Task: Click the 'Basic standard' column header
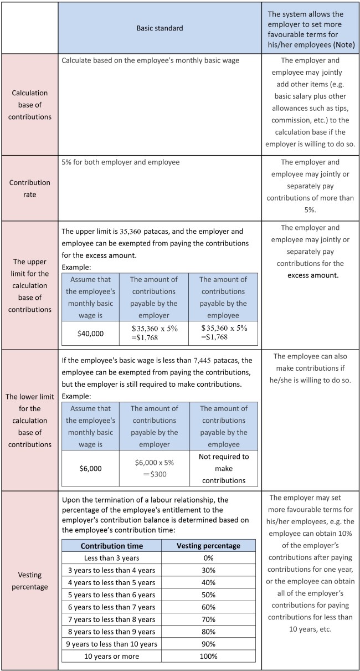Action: click(160, 28)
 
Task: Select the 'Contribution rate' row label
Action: click(30, 188)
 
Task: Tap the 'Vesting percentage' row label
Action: click(30, 580)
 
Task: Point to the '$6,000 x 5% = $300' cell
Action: click(154, 468)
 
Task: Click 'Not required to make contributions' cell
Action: click(223, 468)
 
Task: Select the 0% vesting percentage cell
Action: click(208, 557)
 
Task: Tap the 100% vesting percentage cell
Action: click(208, 656)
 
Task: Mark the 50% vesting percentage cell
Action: click(208, 595)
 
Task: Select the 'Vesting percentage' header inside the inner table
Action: click(208, 545)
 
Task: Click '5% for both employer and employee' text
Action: click(120, 162)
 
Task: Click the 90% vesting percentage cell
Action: click(208, 644)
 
